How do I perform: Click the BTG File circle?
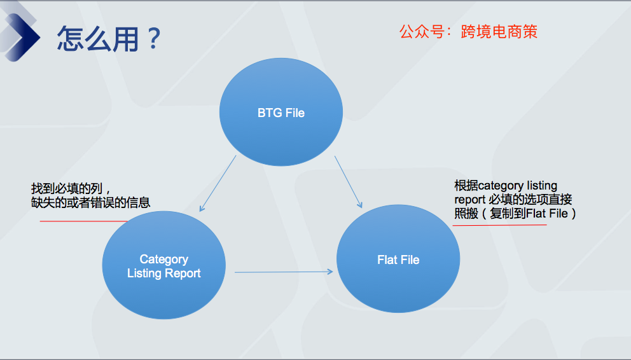pos(281,112)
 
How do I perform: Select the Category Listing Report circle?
pos(163,265)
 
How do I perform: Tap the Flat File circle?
pos(398,259)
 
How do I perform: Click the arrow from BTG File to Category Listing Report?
pos(218,183)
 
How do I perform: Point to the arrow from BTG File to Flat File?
pos(349,182)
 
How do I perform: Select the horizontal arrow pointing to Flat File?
pos(284,272)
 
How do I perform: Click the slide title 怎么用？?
pos(109,39)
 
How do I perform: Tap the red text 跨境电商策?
pos(499,32)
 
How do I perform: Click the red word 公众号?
pos(422,32)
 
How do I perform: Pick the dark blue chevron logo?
pos(20,36)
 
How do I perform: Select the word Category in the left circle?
pos(163,260)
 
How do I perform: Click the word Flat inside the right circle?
pos(386,260)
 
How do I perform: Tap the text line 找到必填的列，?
pos(71,188)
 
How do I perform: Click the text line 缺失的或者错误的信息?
pos(90,202)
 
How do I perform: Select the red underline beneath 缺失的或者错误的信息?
pos(84,221)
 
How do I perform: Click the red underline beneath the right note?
pos(499,225)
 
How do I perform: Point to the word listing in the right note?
pos(542,186)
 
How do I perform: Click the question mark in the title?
pos(154,39)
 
